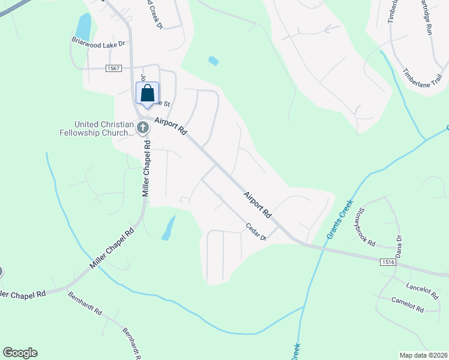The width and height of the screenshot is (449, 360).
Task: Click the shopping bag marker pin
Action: click(x=148, y=94)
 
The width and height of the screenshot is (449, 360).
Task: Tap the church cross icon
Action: click(x=143, y=127)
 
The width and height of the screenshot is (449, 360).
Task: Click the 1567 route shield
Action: click(x=115, y=69)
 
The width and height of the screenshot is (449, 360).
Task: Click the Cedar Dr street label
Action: click(x=256, y=231)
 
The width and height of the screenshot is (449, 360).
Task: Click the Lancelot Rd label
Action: click(x=422, y=289)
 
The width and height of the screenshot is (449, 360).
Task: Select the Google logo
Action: click(x=20, y=353)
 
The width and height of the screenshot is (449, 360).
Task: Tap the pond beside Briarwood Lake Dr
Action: click(x=83, y=27)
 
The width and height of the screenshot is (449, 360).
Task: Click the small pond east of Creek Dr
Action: click(x=213, y=61)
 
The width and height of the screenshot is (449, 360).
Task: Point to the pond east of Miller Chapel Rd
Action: click(x=169, y=229)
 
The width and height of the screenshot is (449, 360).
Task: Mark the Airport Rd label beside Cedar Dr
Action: click(x=258, y=204)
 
